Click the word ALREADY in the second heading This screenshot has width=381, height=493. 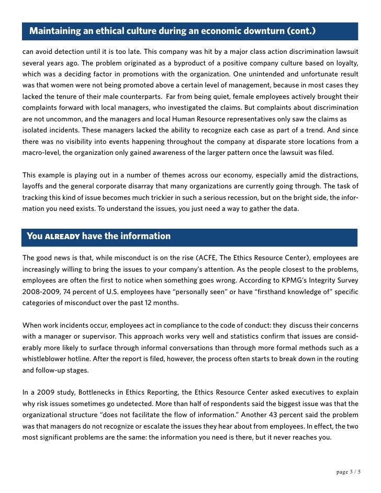62,236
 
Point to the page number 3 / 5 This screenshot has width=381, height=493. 350,472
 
